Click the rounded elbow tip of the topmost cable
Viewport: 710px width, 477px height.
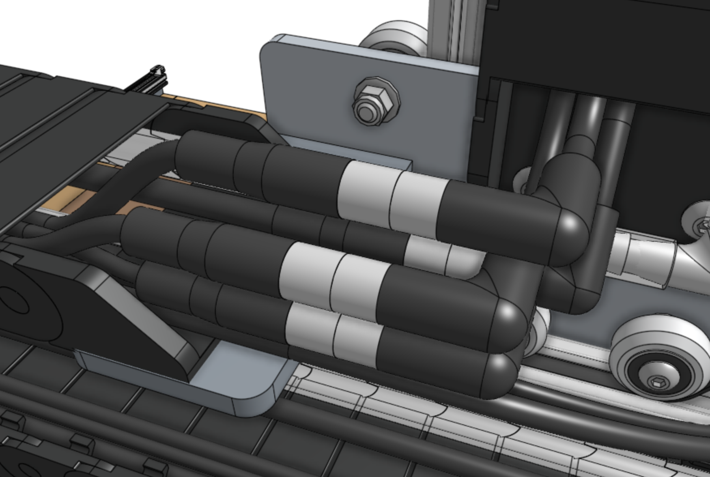[x=570, y=235]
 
